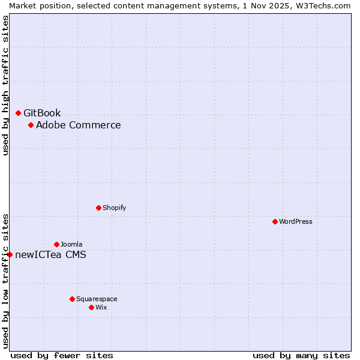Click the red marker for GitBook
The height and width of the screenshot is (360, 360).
[x=18, y=113]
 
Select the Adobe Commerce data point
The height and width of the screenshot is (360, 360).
[x=31, y=125]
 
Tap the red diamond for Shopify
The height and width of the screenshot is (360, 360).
[x=98, y=208]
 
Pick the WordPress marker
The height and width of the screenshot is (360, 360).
[x=275, y=221]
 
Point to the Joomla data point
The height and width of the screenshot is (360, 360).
[x=56, y=244]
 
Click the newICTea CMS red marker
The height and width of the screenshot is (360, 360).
[x=10, y=254]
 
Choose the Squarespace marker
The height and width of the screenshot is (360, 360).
[x=72, y=299]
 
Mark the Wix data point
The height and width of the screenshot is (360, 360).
[x=91, y=307]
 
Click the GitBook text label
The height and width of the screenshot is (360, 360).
[x=42, y=113]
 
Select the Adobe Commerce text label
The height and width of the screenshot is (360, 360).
[x=78, y=125]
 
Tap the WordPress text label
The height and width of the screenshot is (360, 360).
[x=296, y=221]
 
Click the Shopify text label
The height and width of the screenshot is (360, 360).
[x=114, y=208]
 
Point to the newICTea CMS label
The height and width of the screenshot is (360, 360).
[x=50, y=254]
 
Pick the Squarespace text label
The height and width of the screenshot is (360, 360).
[x=97, y=299]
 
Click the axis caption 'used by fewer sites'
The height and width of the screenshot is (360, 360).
[x=62, y=355]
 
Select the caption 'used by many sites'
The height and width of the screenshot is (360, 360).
[x=301, y=355]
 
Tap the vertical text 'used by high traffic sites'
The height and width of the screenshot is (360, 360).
[x=5, y=85]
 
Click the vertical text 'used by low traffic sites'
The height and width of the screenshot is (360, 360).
[x=5, y=280]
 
